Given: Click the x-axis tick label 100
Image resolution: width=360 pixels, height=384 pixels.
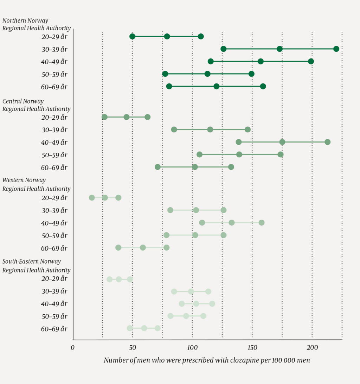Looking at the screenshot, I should tap(192, 348).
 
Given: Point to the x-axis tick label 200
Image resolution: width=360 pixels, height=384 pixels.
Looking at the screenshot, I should tap(312, 348).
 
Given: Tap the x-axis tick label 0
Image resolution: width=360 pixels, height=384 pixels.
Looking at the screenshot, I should tap(73, 348).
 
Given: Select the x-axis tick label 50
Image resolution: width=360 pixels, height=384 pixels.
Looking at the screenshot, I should tap(132, 348).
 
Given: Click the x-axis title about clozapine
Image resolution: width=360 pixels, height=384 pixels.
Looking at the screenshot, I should tap(207, 360).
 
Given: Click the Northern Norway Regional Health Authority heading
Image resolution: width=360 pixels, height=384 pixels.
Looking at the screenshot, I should tap(37, 24).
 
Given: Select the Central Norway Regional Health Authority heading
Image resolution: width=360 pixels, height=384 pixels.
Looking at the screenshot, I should tap(37, 105).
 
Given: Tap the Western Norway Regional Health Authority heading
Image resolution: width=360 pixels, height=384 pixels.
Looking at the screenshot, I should tap(37, 184).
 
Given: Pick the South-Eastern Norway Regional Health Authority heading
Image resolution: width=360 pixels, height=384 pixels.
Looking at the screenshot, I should tap(37, 266).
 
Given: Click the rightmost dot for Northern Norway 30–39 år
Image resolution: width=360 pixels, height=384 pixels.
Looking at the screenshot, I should tap(336, 49).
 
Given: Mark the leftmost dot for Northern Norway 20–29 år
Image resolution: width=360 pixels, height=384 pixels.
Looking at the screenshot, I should tap(132, 37).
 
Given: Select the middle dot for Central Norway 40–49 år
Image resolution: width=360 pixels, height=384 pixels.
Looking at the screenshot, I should tap(282, 142).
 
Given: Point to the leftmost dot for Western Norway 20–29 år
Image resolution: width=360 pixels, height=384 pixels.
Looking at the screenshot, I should tap(92, 198).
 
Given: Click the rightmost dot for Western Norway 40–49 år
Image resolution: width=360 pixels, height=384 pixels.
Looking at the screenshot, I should tap(262, 222).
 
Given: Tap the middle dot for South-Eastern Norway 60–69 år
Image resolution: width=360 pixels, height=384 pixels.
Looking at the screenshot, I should tap(144, 328).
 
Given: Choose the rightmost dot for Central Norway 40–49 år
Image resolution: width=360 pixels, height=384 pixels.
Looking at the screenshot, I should tap(328, 142).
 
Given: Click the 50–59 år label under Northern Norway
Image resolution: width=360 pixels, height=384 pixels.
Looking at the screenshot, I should tap(54, 74).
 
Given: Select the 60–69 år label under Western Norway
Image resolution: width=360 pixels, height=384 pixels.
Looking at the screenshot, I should tap(54, 248).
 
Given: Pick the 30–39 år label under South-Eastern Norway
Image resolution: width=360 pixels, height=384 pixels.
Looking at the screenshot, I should tap(54, 291).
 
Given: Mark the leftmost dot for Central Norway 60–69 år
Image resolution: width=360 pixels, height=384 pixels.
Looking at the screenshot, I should tap(157, 167).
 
